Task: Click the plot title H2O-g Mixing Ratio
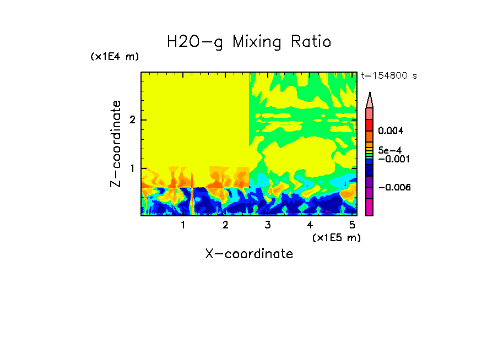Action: coord(249,42)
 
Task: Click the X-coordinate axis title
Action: coord(249,254)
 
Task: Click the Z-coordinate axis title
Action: coord(116,144)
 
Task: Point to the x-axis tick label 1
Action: coord(183,225)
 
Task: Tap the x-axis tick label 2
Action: coord(225,225)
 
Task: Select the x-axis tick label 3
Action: coord(268,225)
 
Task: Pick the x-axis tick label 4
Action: coord(310,225)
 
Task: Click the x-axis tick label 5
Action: coord(352,225)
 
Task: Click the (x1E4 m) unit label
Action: coord(115,57)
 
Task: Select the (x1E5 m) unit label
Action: coord(336,237)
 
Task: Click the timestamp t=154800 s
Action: coord(388,76)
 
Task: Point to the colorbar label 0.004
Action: coord(391,131)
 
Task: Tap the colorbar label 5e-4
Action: coord(389,150)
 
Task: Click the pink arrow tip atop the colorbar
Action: coord(370,100)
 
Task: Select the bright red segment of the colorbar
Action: coord(370,125)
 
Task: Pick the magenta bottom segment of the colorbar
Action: coord(370,208)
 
